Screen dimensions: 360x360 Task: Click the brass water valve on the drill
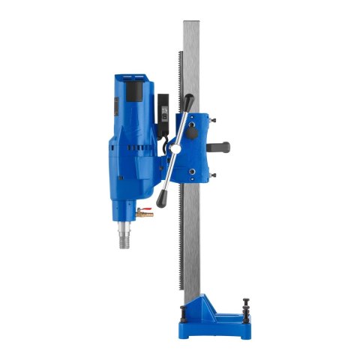144,214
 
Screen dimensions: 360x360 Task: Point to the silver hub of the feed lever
177,146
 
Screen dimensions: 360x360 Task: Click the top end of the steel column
197,22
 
